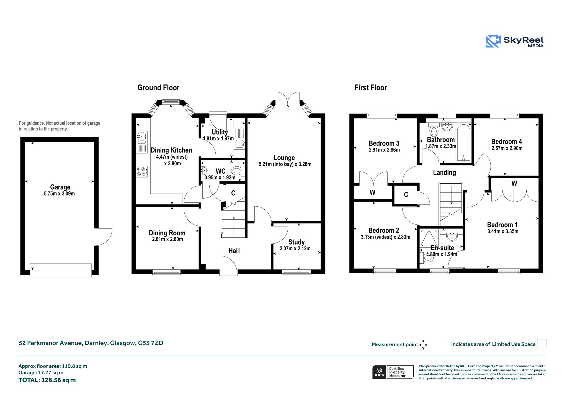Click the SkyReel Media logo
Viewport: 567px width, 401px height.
pyautogui.click(x=515, y=42)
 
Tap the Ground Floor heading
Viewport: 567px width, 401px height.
pyautogui.click(x=158, y=88)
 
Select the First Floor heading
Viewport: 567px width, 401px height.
pyautogui.click(x=370, y=88)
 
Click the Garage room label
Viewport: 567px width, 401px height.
pyautogui.click(x=60, y=187)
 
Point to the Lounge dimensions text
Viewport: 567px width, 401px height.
pyautogui.click(x=285, y=164)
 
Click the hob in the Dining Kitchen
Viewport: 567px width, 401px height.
pyautogui.click(x=142, y=171)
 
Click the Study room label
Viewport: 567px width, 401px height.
pyautogui.click(x=296, y=242)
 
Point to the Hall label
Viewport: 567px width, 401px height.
pyautogui.click(x=234, y=251)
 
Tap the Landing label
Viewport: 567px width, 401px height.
pyautogui.click(x=444, y=173)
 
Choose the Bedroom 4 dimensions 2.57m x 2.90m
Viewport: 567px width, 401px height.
pyautogui.click(x=507, y=148)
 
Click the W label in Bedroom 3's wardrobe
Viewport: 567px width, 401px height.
pyautogui.click(x=372, y=192)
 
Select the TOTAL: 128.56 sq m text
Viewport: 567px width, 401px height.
pyautogui.click(x=47, y=380)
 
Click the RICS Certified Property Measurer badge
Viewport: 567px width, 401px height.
pyautogui.click(x=393, y=372)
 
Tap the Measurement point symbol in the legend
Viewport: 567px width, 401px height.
pyautogui.click(x=423, y=345)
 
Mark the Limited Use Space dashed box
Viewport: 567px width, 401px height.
pyautogui.click(x=542, y=344)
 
